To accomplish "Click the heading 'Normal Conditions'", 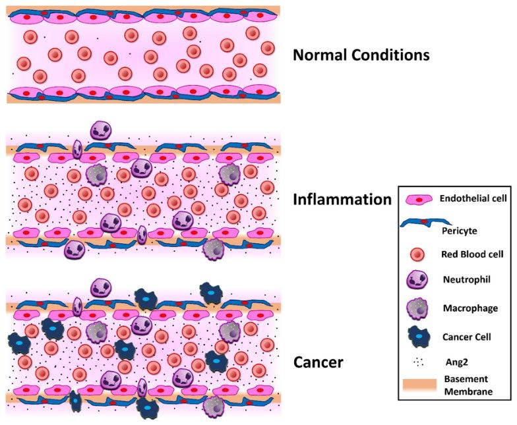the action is tap(361, 55).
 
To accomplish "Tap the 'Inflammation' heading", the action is tap(342, 199).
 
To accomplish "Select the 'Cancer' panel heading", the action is tap(318, 362).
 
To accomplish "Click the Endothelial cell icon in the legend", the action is tap(419, 199).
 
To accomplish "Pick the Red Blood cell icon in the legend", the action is tap(417, 254).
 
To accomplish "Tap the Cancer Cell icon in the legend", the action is tap(419, 336).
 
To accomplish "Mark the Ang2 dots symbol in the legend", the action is tap(419, 362).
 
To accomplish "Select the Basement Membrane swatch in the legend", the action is tap(419, 385).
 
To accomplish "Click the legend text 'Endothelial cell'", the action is tap(473, 198).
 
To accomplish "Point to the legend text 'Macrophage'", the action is tap(470, 308).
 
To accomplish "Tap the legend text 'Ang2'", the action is tap(456, 362).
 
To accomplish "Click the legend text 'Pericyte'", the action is tap(459, 231).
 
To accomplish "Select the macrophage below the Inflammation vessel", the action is tap(214, 249).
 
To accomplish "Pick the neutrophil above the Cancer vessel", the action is tap(101, 287).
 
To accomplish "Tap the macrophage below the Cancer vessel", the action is tap(214, 407).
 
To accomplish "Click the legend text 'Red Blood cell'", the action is tap(472, 254).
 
